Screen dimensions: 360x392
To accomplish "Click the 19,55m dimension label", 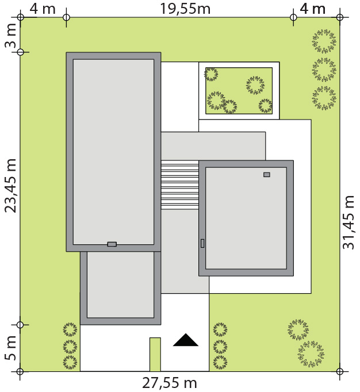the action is pyautogui.click(x=185, y=9).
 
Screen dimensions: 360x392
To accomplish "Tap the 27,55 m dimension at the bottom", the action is pyautogui.click(x=170, y=383).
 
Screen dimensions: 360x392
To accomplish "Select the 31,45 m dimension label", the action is pyautogui.click(x=348, y=222).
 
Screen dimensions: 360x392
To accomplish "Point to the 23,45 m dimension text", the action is pyautogui.click(x=10, y=185).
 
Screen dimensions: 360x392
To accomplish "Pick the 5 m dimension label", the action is pyautogui.click(x=10, y=348).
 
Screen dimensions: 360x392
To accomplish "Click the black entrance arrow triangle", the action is pyautogui.click(x=186, y=340).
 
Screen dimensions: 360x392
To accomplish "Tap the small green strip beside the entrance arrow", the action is pyautogui.click(x=155, y=354).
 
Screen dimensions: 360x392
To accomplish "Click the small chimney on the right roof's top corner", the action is pyautogui.click(x=267, y=175).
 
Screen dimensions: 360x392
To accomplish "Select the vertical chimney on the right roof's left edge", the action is pyautogui.click(x=202, y=243).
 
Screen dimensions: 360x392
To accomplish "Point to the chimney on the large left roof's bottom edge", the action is pyautogui.click(x=112, y=244).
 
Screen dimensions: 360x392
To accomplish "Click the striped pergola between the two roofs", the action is pyautogui.click(x=180, y=185).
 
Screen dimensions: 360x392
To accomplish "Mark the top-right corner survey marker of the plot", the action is pyautogui.click(x=339, y=17).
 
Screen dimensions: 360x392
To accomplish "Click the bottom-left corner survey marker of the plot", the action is pyautogui.click(x=20, y=371).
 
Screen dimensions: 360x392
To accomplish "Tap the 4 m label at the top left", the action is pyautogui.click(x=43, y=9).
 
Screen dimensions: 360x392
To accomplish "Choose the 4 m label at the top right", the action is pyautogui.click(x=313, y=9).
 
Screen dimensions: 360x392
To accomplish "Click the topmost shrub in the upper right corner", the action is pyautogui.click(x=324, y=41).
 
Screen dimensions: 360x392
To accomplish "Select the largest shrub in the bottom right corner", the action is pyautogui.click(x=311, y=353).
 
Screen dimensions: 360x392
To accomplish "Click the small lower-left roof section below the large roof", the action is pyautogui.click(x=120, y=285).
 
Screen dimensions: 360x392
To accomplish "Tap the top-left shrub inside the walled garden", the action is pyautogui.click(x=211, y=74).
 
